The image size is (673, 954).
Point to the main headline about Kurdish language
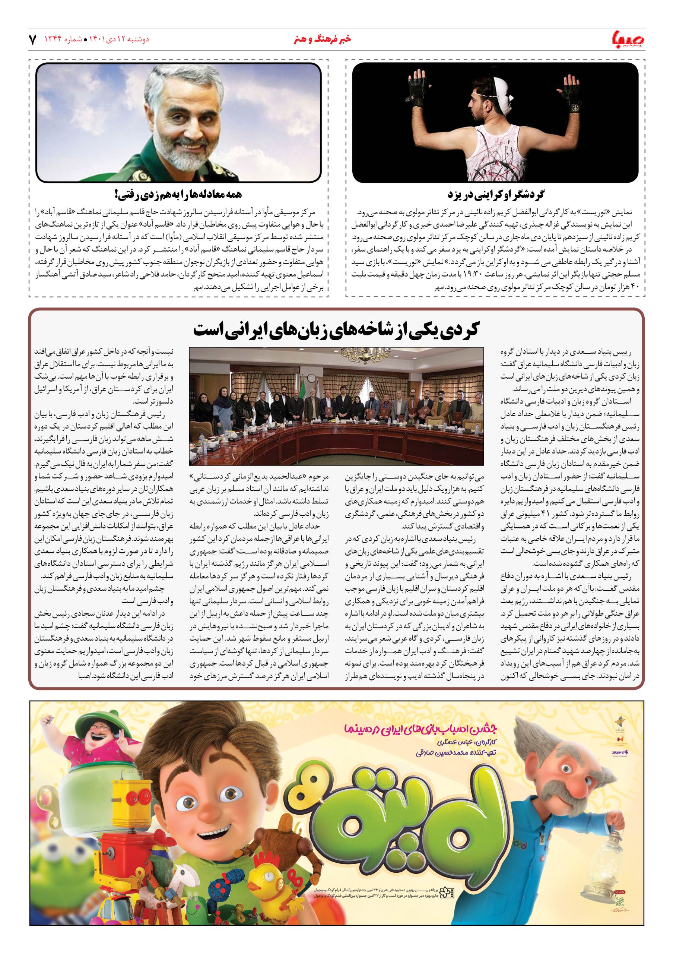click(x=337, y=330)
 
